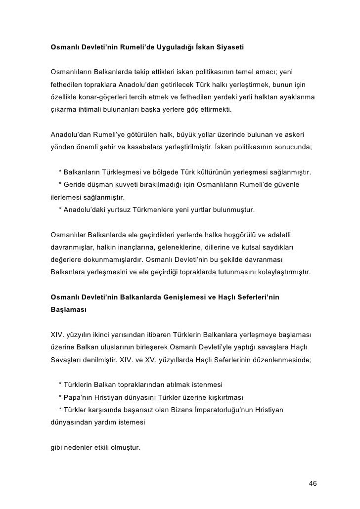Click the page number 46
click(312, 483)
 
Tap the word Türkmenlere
click(148, 210)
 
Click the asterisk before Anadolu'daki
click(60, 210)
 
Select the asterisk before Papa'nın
click(60, 398)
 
